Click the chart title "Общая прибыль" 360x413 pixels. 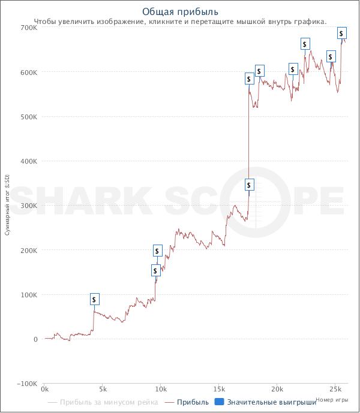click(180, 12)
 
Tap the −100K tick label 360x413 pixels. click(28, 384)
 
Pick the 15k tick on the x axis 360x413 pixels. click(219, 389)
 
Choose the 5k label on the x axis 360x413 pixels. click(103, 389)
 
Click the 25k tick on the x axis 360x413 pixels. click(335, 389)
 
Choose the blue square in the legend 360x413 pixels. click(219, 402)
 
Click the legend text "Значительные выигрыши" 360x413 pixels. click(271, 402)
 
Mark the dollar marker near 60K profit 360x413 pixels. click(94, 299)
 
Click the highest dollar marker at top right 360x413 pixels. click(341, 33)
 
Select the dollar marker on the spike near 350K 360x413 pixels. click(249, 184)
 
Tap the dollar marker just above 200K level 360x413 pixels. click(157, 251)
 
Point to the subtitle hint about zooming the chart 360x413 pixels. click(180, 22)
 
